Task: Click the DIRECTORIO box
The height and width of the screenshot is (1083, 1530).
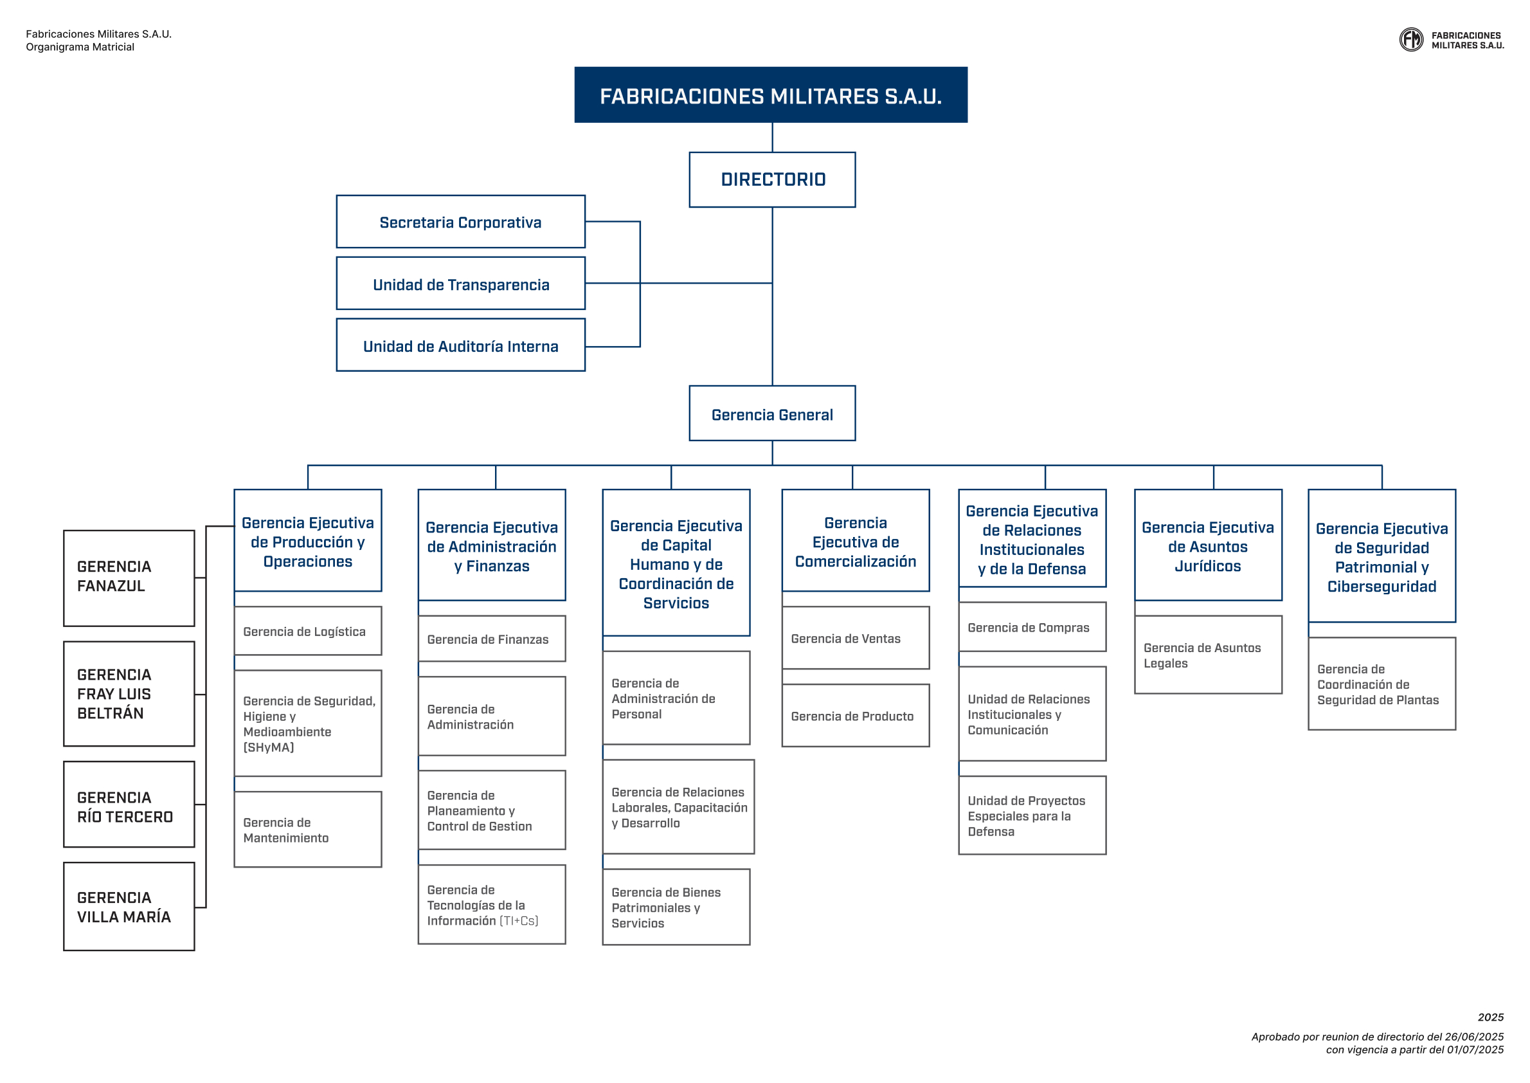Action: [772, 179]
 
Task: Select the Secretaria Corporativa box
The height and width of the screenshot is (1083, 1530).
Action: [461, 221]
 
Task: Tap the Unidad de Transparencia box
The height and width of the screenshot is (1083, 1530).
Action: [461, 284]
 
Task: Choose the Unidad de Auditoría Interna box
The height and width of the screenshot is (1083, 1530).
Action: [461, 345]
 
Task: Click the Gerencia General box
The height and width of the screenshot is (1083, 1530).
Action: [772, 414]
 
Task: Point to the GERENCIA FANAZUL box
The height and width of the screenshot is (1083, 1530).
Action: [129, 578]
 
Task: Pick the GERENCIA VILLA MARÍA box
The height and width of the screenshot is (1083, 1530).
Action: [129, 906]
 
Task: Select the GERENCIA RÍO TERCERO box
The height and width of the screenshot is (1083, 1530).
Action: [129, 805]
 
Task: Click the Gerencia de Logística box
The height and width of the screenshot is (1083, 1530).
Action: [308, 631]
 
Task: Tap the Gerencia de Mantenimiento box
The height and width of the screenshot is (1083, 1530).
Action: [308, 829]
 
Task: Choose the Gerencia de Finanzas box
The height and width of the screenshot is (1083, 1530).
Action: [492, 639]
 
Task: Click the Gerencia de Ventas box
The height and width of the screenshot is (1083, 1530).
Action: [856, 637]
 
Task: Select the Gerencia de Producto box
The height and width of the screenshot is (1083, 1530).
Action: [856, 716]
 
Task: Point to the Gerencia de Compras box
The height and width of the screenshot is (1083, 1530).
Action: [1032, 627]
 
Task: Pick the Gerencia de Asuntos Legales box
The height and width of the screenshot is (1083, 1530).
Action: [1208, 655]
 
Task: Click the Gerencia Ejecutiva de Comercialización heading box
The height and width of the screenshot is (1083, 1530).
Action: [856, 540]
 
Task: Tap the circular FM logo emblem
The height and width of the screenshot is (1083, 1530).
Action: [1410, 39]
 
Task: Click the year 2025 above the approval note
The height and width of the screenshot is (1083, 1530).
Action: [1490, 1017]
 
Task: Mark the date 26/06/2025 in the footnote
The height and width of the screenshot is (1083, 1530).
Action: [1474, 1036]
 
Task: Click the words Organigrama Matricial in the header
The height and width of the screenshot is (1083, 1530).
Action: [80, 47]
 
